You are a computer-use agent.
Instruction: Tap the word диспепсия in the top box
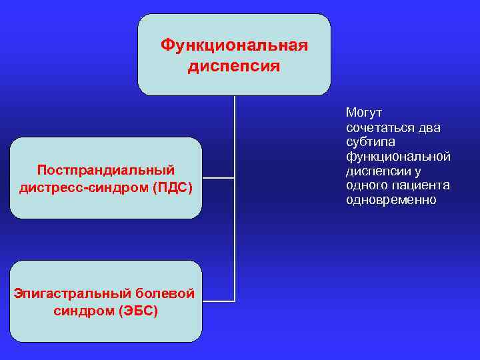pos(234,67)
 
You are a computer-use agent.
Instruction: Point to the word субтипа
pos(371,142)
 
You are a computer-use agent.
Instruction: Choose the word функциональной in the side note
pos(398,157)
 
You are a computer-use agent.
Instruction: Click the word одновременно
pos(391,200)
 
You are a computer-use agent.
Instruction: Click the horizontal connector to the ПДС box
pos(218,178)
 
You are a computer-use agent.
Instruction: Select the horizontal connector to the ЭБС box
pos(218,301)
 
